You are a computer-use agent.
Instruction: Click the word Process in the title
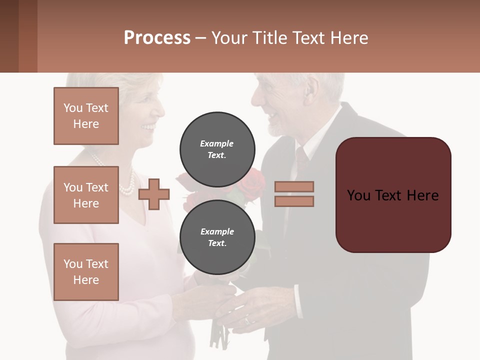(157, 38)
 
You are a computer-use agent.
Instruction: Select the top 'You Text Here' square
(86, 116)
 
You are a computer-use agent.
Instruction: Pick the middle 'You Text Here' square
(86, 195)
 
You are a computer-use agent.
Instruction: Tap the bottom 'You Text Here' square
(86, 271)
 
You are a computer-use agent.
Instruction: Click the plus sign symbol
(154, 194)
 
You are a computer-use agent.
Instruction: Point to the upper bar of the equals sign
(294, 186)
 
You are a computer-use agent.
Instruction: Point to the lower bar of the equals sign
(294, 201)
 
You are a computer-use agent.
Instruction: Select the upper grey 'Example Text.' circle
(217, 149)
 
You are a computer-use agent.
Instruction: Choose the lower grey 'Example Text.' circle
(217, 237)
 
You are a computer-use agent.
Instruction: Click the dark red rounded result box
(393, 194)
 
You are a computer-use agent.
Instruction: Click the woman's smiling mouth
(148, 127)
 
